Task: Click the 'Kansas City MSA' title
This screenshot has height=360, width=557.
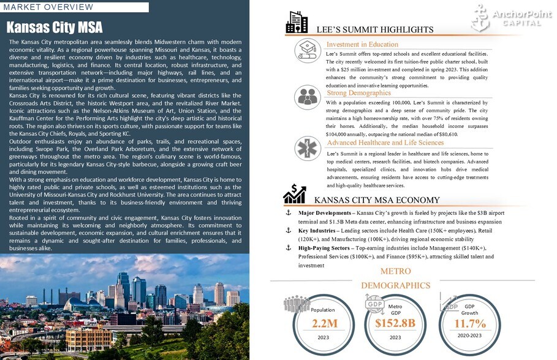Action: pyautogui.click(x=55, y=28)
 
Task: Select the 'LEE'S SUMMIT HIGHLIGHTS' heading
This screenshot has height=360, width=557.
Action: pyautogui.click(x=374, y=29)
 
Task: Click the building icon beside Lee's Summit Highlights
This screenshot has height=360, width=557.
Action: pyautogui.click(x=297, y=23)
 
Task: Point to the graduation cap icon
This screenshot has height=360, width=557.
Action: pyautogui.click(x=308, y=50)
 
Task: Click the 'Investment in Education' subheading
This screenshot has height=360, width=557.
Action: pyautogui.click(x=362, y=44)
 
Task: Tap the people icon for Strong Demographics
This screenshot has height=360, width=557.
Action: pyautogui.click(x=308, y=96)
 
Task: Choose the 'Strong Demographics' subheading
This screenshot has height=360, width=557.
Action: pyautogui.click(x=358, y=92)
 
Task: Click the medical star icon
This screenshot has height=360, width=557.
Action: pyautogui.click(x=308, y=148)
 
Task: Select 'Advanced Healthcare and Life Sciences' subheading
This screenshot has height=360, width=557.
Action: pyautogui.click(x=385, y=143)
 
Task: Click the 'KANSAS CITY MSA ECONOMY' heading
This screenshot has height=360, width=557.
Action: pyautogui.click(x=376, y=200)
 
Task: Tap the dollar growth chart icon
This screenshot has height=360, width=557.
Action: pyautogui.click(x=295, y=194)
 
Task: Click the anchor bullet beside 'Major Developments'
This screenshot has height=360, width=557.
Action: pyautogui.click(x=289, y=212)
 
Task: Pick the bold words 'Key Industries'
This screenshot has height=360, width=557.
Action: pyautogui.click(x=317, y=230)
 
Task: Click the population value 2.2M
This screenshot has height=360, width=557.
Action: pyautogui.click(x=325, y=323)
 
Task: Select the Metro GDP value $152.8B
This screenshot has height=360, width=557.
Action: pyautogui.click(x=395, y=323)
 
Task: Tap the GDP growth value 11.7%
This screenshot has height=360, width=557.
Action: pyautogui.click(x=470, y=323)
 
